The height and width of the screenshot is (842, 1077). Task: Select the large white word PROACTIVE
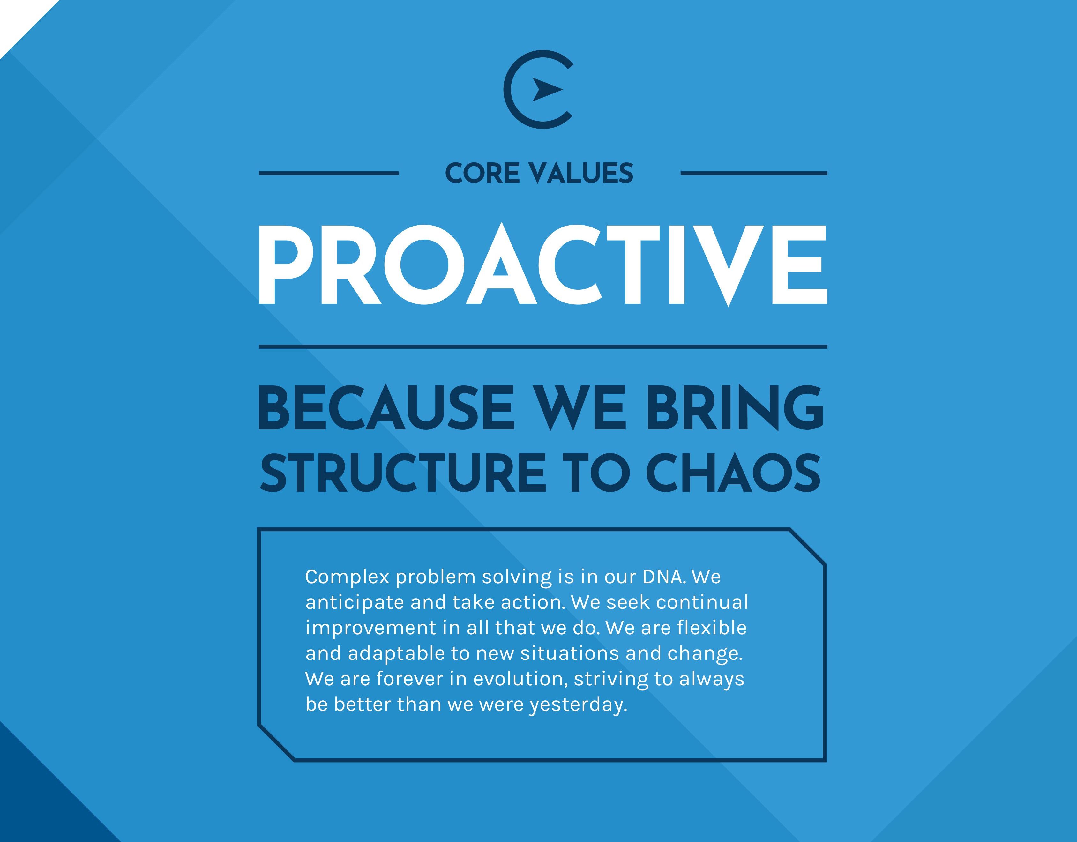tap(543, 265)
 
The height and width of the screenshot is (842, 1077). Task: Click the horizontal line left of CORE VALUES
tap(329, 174)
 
